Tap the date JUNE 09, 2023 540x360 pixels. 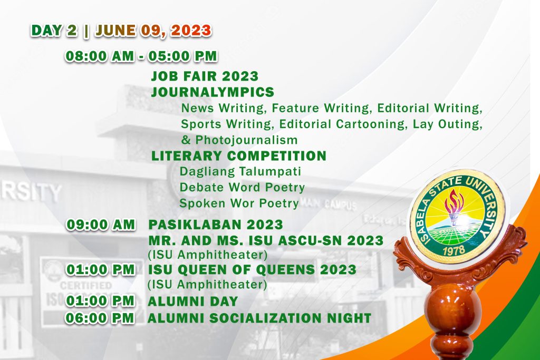click(x=153, y=31)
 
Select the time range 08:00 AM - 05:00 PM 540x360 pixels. click(x=141, y=56)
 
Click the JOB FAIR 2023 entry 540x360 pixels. click(x=205, y=77)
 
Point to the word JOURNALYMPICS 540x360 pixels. click(x=213, y=92)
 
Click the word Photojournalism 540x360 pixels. click(x=246, y=140)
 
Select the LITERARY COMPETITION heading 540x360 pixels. click(x=238, y=156)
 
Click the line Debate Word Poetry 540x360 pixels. click(x=242, y=187)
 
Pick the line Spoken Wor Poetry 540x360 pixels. click(x=239, y=203)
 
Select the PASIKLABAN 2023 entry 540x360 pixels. click(x=216, y=225)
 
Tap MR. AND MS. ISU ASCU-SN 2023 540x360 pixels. click(x=266, y=241)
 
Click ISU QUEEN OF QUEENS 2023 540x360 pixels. click(x=252, y=270)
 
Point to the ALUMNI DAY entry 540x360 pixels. click(x=193, y=301)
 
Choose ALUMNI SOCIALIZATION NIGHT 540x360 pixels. click(x=259, y=318)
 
